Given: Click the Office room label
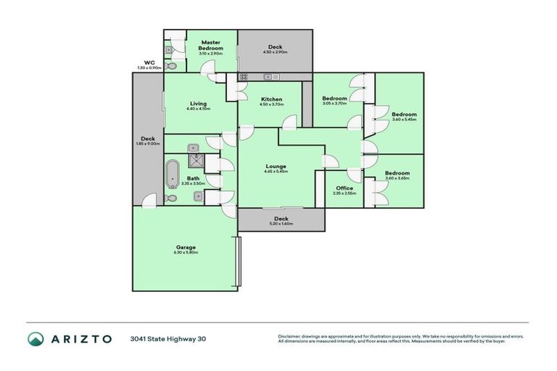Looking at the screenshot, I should (344, 190).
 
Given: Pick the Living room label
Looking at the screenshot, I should (197, 105).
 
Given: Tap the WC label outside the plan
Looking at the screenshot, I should (149, 64).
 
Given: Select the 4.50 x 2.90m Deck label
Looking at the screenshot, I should (275, 49).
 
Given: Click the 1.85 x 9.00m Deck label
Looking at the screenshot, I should (148, 141).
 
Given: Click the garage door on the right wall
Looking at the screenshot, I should (238, 262).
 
